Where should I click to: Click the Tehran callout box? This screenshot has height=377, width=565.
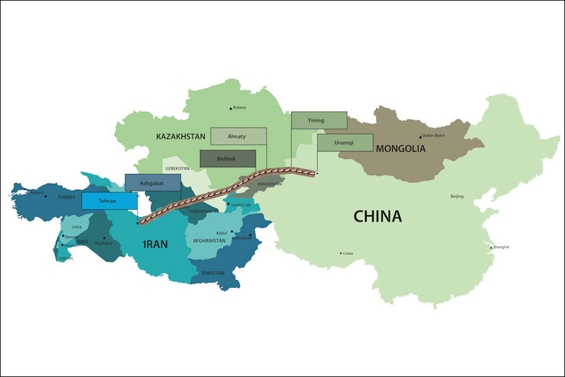(x=109, y=201)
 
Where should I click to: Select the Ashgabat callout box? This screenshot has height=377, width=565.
(x=153, y=183)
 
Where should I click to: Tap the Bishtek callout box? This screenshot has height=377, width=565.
(x=228, y=159)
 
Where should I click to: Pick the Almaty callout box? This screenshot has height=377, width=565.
(x=238, y=136)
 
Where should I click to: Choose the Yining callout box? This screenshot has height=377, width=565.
(x=319, y=121)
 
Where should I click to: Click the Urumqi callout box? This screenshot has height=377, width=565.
(x=345, y=143)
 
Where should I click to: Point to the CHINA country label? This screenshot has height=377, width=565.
(x=377, y=217)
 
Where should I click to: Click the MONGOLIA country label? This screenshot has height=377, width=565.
(x=401, y=149)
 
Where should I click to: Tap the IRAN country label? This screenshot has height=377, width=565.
(x=155, y=244)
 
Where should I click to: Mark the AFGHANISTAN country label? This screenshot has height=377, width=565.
(x=209, y=241)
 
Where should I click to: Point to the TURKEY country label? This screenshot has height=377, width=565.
(x=67, y=197)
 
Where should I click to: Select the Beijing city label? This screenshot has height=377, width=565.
(x=457, y=197)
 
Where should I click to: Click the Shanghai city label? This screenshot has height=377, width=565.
(x=501, y=247)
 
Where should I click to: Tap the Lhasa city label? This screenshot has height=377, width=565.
(x=348, y=253)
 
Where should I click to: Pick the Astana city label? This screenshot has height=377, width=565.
(x=239, y=107)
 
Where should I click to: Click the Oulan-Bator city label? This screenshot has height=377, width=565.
(x=433, y=135)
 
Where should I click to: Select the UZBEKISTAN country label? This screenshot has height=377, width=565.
(x=177, y=169)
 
